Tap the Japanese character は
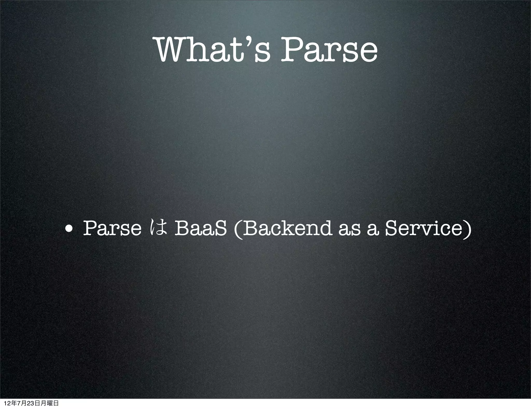pos(158,229)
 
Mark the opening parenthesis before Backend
pos(237,229)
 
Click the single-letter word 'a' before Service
pos(372,230)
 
